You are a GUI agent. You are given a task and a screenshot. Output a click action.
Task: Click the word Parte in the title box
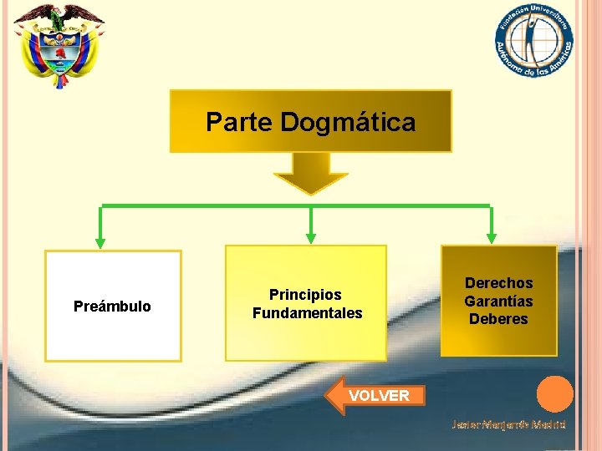point(239,123)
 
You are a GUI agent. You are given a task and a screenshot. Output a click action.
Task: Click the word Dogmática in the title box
point(348,123)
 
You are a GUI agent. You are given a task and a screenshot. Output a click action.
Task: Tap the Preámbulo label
point(112,307)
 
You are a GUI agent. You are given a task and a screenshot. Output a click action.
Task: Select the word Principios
point(305,295)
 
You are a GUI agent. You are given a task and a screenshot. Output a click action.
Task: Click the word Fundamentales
point(307,313)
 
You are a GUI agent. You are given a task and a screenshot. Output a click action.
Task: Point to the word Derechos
point(498,283)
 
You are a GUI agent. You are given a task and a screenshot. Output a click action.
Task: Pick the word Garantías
point(498,301)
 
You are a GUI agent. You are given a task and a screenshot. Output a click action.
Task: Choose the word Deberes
point(498,319)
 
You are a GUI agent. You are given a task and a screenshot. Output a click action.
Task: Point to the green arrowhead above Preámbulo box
point(101,241)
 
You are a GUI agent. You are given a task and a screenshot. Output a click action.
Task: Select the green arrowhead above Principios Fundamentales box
point(311,238)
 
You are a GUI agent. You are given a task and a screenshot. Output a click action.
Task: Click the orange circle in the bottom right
point(554,394)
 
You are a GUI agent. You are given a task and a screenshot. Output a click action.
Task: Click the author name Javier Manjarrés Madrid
point(508,424)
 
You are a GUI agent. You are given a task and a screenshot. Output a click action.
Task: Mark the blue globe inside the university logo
point(533,38)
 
